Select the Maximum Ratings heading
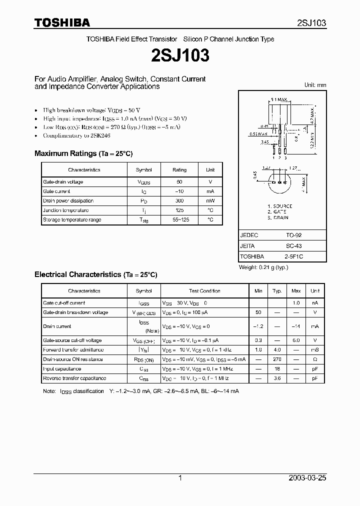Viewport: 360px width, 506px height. pos(83,153)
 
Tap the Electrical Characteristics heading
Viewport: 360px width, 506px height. pos(95,274)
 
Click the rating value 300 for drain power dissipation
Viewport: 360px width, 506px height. pos(179,201)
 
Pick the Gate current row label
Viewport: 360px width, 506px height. pos(56,191)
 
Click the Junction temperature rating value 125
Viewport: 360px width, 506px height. pos(179,210)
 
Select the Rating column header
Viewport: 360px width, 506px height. pos(179,170)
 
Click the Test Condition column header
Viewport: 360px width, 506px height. pos(204,291)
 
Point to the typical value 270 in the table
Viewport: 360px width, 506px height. pos(276,359)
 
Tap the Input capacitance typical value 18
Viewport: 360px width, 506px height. pos(276,369)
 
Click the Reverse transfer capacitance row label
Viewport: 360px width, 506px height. pos(74,378)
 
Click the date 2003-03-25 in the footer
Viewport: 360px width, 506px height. pos(307,478)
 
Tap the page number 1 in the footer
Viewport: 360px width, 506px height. pos(180,478)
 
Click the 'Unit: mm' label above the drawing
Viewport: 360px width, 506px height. pos(315,85)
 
